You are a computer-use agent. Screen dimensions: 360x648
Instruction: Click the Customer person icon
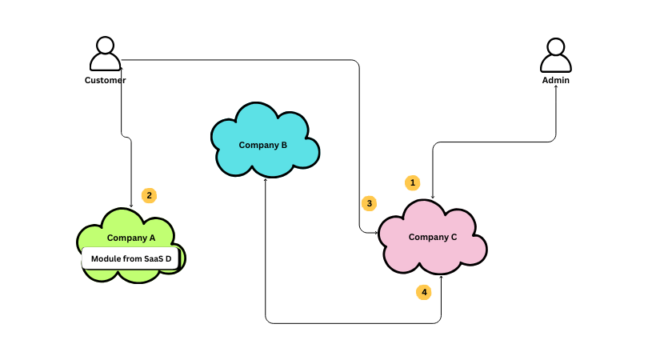(106, 54)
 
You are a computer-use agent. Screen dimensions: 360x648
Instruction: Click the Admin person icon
(556, 54)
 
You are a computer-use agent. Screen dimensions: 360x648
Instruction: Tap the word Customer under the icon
(106, 80)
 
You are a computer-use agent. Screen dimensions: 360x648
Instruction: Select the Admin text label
(556, 80)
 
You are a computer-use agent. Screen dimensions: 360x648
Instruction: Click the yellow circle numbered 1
(413, 182)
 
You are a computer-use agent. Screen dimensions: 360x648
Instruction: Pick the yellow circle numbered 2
(149, 194)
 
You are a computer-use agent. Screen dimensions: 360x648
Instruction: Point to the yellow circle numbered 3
(369, 203)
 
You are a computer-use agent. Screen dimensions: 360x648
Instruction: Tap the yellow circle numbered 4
(424, 292)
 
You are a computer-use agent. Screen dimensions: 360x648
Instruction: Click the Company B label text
(263, 145)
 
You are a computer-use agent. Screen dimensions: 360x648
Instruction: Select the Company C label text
(433, 237)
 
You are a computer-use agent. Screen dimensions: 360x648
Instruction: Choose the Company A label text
(131, 238)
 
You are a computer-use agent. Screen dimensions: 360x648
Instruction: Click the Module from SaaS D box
(130, 258)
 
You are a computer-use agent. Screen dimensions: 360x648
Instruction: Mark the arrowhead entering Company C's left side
(375, 232)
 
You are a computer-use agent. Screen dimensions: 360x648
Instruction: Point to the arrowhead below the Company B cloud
(265, 180)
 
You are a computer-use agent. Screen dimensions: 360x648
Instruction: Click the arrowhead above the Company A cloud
(131, 206)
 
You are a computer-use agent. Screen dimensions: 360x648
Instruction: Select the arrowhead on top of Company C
(433, 197)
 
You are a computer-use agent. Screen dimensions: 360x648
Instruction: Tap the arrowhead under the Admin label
(556, 88)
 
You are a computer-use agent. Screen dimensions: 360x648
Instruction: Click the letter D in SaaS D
(169, 258)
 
